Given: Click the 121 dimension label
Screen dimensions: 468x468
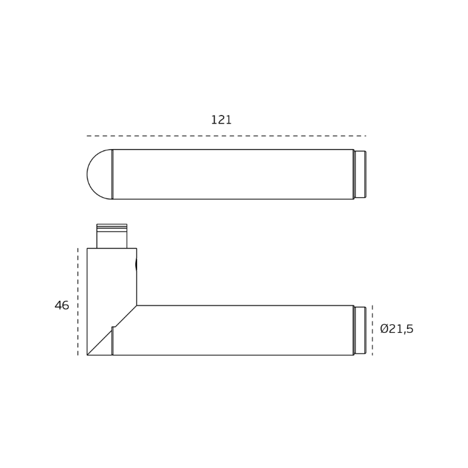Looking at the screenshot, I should [x=221, y=120].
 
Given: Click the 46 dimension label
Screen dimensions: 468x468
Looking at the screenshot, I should [x=62, y=306].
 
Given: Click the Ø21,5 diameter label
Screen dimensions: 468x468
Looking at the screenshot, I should [x=396, y=329].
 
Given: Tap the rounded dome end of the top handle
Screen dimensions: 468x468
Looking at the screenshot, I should [x=99, y=174].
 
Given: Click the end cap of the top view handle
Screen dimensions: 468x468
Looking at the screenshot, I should [x=360, y=174].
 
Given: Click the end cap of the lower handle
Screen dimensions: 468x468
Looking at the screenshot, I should [x=360, y=330].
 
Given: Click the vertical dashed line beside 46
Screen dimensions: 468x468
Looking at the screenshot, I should [x=78, y=301].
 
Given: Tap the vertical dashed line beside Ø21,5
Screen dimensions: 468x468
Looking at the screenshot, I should [x=372, y=330].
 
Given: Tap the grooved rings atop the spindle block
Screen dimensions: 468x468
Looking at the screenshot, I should [x=112, y=228].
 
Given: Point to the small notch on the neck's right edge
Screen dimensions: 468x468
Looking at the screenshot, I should [x=136, y=264].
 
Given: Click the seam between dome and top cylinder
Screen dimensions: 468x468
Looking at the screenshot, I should [x=112, y=174].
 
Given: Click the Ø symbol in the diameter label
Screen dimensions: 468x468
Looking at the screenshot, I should [x=384, y=329].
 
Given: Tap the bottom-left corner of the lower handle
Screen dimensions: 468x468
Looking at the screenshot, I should [x=88, y=354].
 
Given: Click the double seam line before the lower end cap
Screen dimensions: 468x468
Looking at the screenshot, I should [x=354, y=330].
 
